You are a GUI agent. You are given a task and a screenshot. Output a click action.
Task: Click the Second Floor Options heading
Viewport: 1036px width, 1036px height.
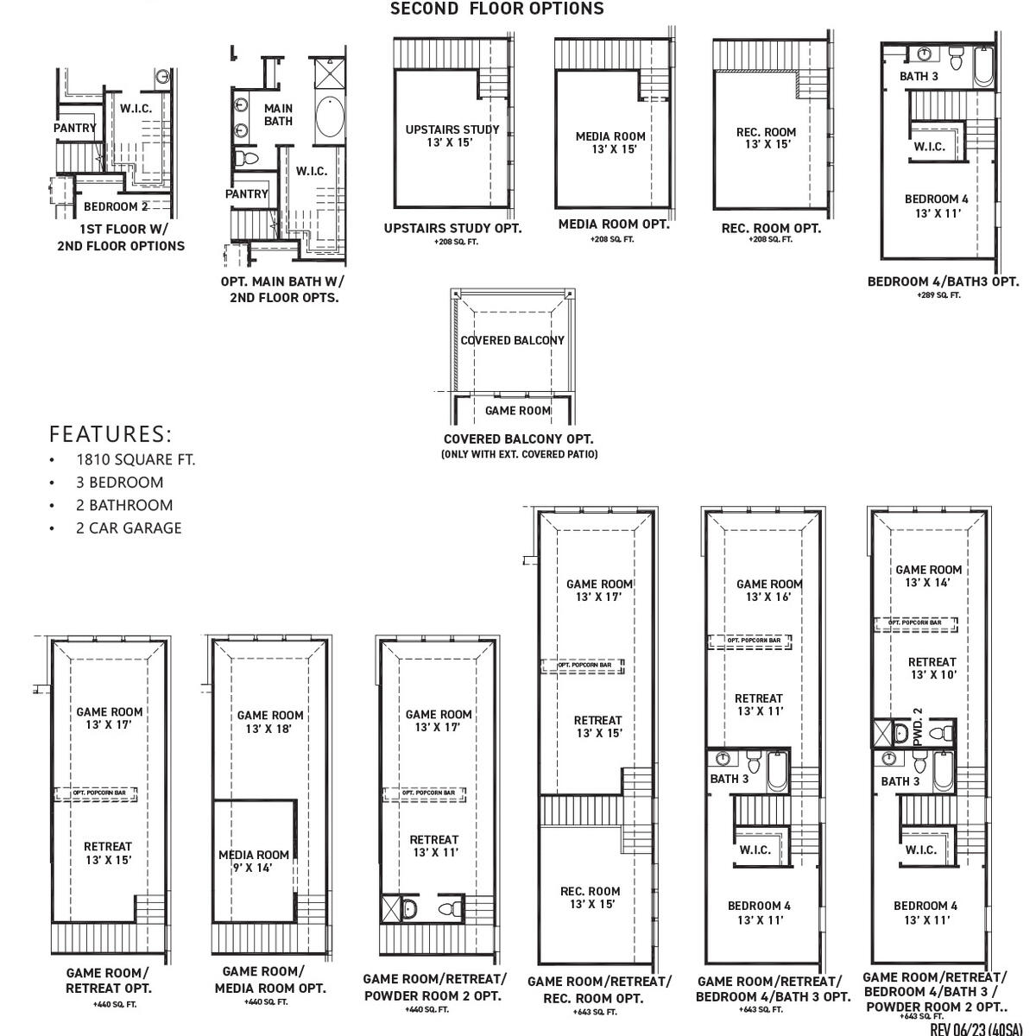tap(496, 9)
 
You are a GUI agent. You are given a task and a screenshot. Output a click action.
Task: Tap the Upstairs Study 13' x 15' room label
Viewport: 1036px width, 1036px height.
tap(452, 136)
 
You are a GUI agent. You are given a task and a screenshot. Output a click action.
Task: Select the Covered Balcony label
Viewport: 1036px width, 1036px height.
tap(512, 340)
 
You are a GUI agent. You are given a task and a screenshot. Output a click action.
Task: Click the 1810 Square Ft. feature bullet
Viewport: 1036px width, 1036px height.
tap(135, 459)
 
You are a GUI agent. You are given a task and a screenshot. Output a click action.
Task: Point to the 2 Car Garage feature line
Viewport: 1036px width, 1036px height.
tap(128, 527)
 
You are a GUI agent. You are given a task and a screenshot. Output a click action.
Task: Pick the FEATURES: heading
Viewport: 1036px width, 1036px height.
tap(111, 433)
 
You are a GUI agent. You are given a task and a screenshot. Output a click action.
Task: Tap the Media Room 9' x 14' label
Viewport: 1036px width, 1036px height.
tap(254, 861)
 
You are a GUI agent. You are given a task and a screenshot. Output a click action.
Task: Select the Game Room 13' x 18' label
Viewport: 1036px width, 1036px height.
tap(270, 721)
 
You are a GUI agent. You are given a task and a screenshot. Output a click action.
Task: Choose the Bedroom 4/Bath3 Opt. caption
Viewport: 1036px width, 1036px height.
tap(943, 281)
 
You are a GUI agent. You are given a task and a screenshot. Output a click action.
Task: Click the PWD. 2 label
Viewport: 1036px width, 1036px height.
tap(918, 727)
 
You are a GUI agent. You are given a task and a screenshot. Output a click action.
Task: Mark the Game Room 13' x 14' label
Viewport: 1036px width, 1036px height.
tap(928, 576)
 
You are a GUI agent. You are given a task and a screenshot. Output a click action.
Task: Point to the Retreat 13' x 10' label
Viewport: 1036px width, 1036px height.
tap(932, 668)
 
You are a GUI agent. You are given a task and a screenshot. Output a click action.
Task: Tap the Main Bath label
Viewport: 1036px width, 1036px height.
tap(278, 115)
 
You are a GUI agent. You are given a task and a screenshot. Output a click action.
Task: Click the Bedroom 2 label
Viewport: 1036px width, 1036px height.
tap(116, 207)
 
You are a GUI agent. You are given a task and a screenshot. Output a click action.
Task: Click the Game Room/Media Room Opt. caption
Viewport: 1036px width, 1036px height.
tap(270, 979)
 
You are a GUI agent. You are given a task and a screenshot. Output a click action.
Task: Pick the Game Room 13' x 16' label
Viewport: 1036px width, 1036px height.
tap(769, 591)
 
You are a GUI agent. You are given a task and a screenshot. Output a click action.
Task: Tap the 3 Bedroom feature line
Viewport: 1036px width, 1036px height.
tap(119, 482)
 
